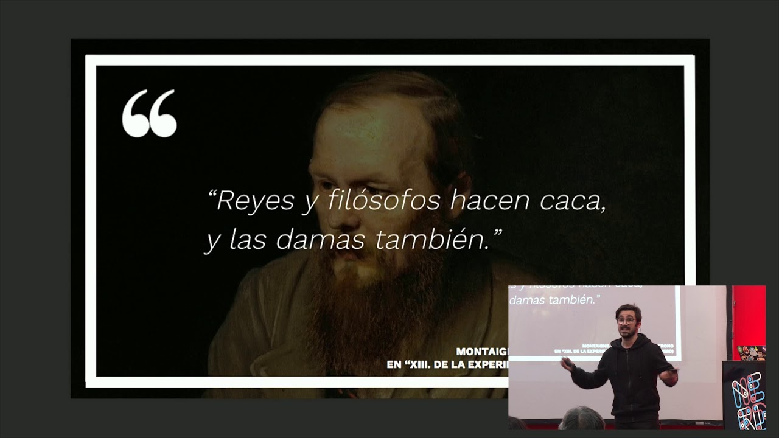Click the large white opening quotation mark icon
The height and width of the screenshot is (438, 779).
tap(149, 113)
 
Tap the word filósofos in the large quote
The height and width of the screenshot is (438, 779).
tap(383, 200)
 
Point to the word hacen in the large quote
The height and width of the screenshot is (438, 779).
tap(481, 200)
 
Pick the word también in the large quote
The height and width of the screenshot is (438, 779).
tap(433, 240)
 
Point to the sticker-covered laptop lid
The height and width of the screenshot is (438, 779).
tap(751, 353)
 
